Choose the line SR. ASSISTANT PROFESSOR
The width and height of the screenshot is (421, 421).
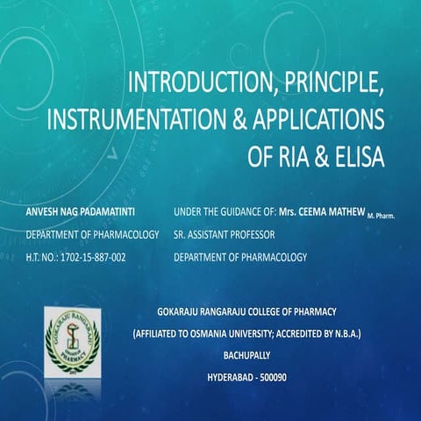point(225,235)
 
